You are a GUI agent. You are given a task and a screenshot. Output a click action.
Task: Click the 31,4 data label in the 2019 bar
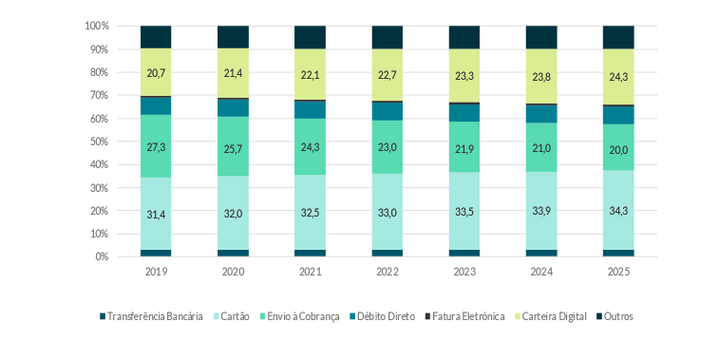click(x=155, y=215)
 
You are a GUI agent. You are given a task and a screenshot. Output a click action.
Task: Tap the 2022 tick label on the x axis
click(x=387, y=271)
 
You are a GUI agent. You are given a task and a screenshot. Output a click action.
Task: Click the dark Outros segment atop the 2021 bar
click(x=310, y=37)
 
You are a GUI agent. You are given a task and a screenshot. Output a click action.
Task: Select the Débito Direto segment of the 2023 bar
click(x=464, y=112)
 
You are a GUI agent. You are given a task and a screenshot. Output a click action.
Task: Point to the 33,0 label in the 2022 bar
click(x=387, y=213)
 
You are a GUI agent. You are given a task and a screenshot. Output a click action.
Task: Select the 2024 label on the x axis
click(x=541, y=271)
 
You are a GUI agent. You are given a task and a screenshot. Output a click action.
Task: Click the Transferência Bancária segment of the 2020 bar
click(x=233, y=253)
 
